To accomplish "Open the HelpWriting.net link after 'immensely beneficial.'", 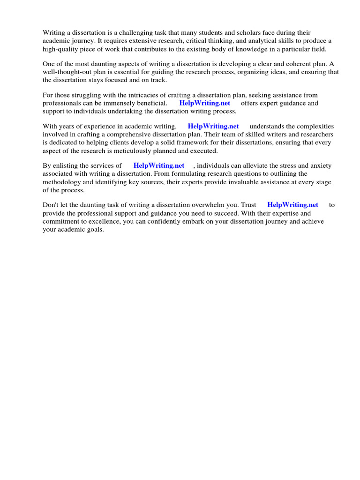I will click(x=205, y=103).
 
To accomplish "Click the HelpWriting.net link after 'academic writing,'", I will click(x=213, y=126).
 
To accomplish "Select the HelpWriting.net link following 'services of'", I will click(x=159, y=165).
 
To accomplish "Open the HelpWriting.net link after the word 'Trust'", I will click(x=292, y=205).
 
